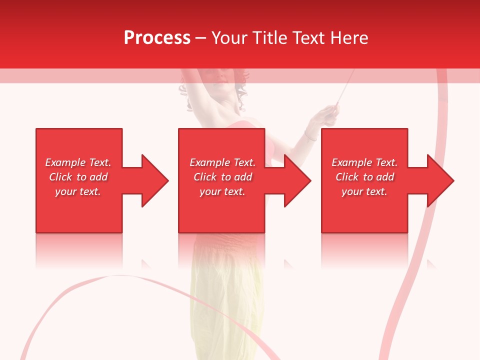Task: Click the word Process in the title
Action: pyautogui.click(x=157, y=38)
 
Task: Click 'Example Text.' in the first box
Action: pyautogui.click(x=78, y=162)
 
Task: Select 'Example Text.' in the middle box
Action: pyautogui.click(x=222, y=162)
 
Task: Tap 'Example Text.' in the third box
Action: pyautogui.click(x=364, y=162)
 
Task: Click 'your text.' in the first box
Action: pyautogui.click(x=78, y=191)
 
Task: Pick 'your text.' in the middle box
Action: pyautogui.click(x=222, y=191)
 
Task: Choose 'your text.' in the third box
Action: pyautogui.click(x=364, y=191)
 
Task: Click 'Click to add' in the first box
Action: pyautogui.click(x=78, y=177)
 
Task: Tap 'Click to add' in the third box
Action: pyautogui.click(x=364, y=177)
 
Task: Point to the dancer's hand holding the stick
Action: pyautogui.click(x=331, y=112)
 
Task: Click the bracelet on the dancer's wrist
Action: pyautogui.click(x=310, y=135)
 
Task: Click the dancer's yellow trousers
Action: pyautogui.click(x=227, y=300)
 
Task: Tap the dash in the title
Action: pyautogui.click(x=201, y=38)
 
